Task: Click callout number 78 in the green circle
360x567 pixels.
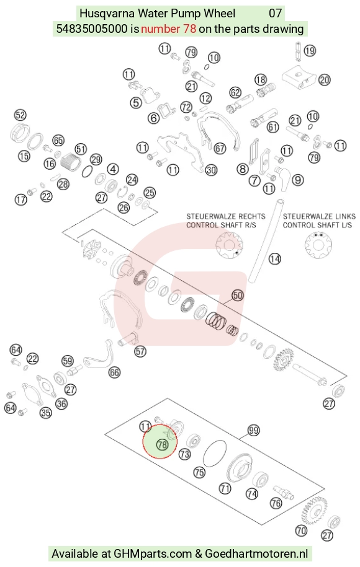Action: (x=162, y=444)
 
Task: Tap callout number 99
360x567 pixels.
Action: (x=253, y=430)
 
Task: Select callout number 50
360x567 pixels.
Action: (x=238, y=296)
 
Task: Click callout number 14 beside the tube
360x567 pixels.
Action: (x=275, y=258)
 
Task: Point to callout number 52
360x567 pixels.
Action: (x=20, y=115)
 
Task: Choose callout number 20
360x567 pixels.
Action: (x=325, y=79)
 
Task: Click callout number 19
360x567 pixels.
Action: (x=310, y=50)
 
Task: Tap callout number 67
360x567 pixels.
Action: (x=220, y=148)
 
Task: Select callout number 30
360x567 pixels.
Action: (x=211, y=170)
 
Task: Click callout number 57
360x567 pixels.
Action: (x=140, y=351)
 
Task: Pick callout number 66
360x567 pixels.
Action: (x=114, y=372)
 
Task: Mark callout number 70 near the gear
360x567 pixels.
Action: (x=301, y=530)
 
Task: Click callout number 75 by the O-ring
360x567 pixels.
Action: (x=199, y=472)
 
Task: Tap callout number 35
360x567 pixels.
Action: (x=46, y=412)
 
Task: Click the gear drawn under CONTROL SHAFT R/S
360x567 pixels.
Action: (x=229, y=245)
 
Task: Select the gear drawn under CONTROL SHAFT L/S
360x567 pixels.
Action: (x=318, y=245)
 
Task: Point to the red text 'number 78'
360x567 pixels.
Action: (x=168, y=29)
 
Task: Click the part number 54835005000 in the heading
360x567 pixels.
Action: (x=92, y=29)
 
